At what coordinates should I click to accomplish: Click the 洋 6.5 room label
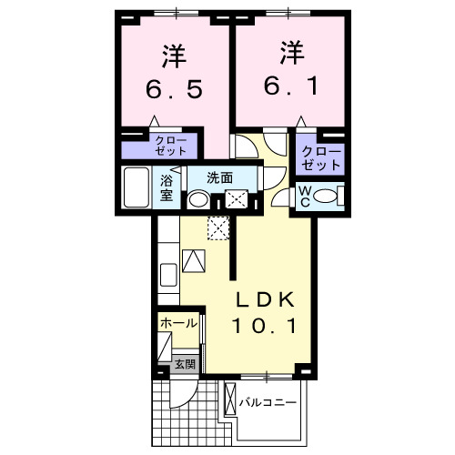[x=174, y=72]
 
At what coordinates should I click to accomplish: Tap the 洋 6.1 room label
[x=291, y=68]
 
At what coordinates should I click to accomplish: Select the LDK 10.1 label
[x=265, y=313]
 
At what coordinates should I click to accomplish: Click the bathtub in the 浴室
[x=136, y=187]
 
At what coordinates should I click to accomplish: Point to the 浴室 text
[x=167, y=188]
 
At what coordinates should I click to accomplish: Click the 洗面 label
[x=220, y=177]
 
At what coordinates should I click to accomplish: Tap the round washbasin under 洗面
[x=198, y=200]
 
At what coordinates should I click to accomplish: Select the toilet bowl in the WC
[x=325, y=196]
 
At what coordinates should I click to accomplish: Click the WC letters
[x=305, y=197]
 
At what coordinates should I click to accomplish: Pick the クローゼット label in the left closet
[x=171, y=146]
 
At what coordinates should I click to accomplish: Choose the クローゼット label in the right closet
[x=321, y=158]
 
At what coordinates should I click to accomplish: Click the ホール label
[x=178, y=323]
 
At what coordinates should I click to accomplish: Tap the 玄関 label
[x=185, y=364]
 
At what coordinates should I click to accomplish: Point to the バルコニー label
[x=268, y=402]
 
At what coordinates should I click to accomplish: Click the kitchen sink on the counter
[x=168, y=275]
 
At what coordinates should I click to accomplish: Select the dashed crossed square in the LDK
[x=218, y=227]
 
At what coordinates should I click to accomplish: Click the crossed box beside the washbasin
[x=237, y=199]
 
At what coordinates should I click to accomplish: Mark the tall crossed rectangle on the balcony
[x=230, y=399]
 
